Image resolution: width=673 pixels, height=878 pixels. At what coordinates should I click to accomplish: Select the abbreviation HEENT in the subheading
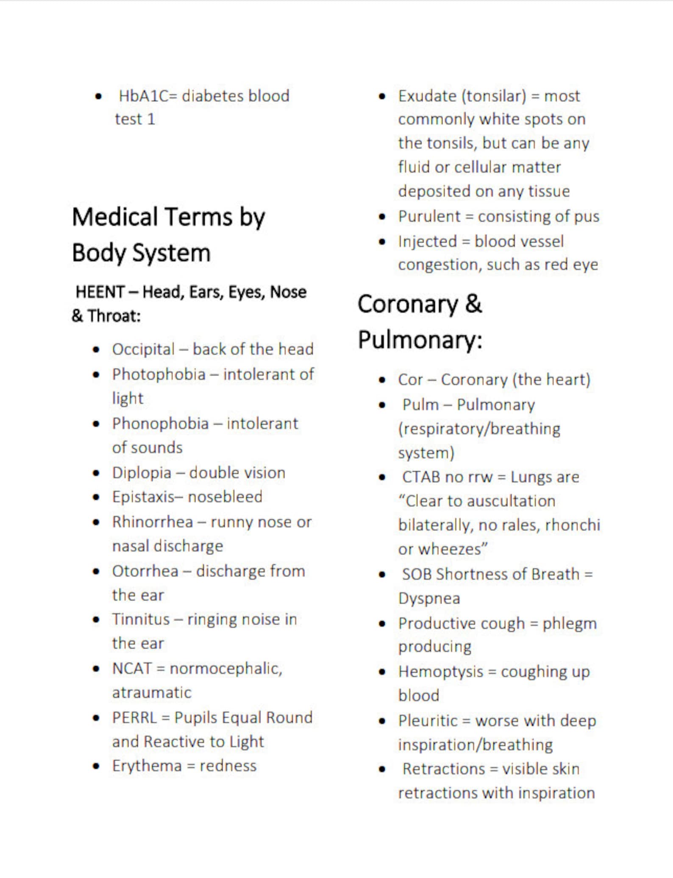click(100, 292)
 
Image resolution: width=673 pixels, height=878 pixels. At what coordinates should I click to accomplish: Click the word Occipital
click(143, 349)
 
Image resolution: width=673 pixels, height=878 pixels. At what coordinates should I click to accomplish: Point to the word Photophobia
click(159, 375)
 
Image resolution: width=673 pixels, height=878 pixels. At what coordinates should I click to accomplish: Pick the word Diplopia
click(142, 473)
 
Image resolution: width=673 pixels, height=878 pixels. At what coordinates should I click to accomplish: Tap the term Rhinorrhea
click(153, 522)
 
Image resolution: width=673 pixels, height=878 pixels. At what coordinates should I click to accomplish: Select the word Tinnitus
click(141, 620)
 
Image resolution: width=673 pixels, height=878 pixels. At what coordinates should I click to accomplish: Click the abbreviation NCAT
click(132, 669)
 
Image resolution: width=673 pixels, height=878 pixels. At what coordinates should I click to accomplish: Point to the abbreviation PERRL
click(134, 718)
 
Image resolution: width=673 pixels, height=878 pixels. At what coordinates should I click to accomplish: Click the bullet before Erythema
click(97, 767)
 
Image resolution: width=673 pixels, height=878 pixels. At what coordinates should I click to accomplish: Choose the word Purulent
click(429, 217)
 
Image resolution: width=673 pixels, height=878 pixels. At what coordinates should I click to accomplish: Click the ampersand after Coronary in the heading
click(473, 304)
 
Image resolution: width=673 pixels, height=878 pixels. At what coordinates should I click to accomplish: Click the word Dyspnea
click(429, 599)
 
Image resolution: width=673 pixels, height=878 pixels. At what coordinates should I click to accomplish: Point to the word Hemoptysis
click(441, 672)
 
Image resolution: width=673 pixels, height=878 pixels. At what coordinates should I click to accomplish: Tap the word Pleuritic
click(428, 721)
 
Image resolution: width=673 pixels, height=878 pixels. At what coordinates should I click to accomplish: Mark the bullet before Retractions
click(382, 769)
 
